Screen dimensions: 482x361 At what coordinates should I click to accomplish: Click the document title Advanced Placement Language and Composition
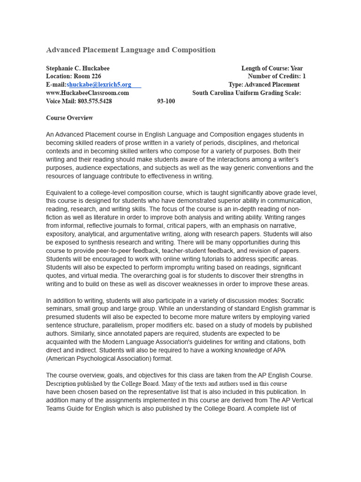tap(131, 50)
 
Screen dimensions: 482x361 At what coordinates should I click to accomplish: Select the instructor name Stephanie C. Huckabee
tap(78, 68)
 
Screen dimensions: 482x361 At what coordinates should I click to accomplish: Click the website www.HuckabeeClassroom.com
tap(87, 93)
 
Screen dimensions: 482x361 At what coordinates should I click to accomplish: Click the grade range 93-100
tap(166, 101)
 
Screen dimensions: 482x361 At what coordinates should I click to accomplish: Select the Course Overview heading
tap(69, 118)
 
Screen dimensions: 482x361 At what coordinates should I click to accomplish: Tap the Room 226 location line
tap(73, 76)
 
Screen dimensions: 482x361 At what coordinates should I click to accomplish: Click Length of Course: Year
tap(272, 68)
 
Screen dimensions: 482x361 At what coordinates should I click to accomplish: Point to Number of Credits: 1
tap(276, 76)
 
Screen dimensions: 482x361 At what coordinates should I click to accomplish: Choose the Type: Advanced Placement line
tap(264, 85)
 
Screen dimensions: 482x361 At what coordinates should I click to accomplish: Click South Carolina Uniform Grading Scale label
tap(246, 93)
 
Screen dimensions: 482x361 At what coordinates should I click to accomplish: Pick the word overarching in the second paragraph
tap(164, 275)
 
